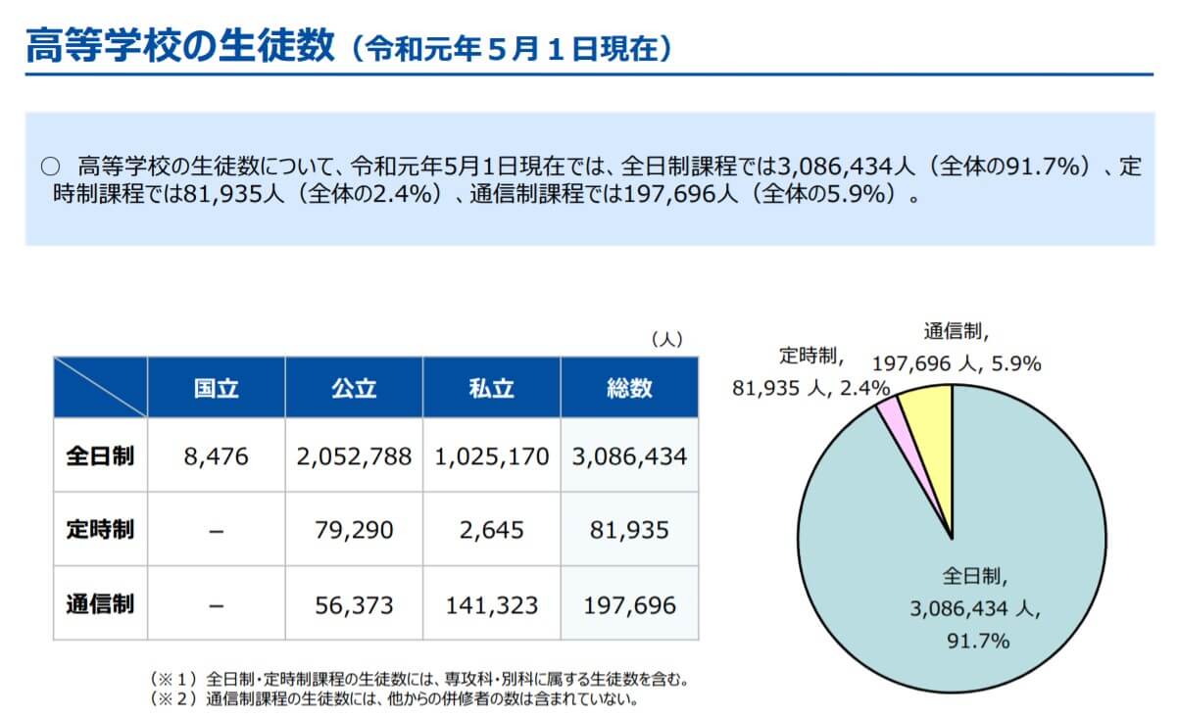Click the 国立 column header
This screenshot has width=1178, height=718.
[x=216, y=388]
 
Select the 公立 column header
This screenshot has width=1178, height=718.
[x=354, y=388]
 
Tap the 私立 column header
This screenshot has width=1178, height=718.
[x=491, y=388]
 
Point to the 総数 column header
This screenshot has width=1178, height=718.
[x=629, y=388]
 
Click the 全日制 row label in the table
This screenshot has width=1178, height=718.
[x=100, y=456]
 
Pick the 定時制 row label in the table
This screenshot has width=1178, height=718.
[x=100, y=530]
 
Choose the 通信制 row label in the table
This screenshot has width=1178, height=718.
[x=100, y=604]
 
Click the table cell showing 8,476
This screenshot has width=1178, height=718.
[x=216, y=456]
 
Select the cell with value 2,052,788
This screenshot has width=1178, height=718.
[x=354, y=456]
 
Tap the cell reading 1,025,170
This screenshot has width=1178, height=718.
[x=491, y=456]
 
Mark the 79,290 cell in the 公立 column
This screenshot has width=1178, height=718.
[x=354, y=530]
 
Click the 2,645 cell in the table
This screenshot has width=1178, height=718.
[x=491, y=530]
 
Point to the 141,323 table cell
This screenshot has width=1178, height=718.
[x=491, y=604]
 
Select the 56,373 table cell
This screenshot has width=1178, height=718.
[x=354, y=604]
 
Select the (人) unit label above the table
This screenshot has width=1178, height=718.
[x=666, y=339]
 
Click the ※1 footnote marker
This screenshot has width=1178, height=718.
[x=173, y=678]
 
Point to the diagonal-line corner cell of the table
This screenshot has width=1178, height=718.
[x=100, y=388]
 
